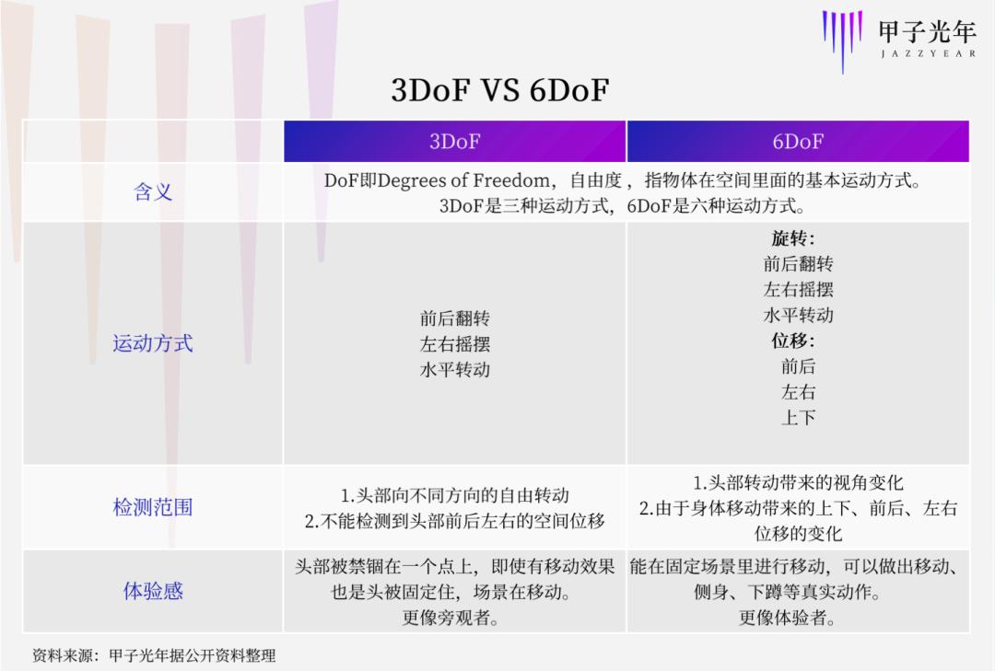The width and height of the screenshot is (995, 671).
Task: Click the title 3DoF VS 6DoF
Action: point(500,90)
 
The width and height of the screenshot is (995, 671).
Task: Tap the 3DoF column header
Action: point(454,141)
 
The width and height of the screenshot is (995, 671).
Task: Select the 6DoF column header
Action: point(798,141)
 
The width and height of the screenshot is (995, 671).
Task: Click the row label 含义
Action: point(153,191)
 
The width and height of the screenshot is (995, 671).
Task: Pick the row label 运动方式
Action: point(153,343)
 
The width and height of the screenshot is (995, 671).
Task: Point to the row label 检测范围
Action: point(153,507)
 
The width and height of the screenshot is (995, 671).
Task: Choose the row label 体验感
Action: point(153,590)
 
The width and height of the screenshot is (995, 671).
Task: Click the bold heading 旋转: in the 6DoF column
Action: point(793,238)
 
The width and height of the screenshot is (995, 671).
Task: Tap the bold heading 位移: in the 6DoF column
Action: point(793,341)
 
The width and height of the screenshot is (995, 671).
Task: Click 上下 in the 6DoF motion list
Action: point(798,417)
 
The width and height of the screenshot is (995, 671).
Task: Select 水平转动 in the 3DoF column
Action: point(455,369)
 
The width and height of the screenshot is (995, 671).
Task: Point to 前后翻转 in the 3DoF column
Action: point(455,318)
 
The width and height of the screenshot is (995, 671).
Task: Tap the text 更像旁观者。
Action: point(450,617)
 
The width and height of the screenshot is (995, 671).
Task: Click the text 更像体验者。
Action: point(787,617)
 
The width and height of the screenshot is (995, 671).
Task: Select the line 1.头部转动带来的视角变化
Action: point(798,482)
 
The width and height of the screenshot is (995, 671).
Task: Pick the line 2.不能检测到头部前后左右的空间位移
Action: point(454,521)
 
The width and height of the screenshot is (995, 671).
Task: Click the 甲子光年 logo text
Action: point(927,30)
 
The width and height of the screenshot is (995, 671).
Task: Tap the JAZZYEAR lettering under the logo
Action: point(928,54)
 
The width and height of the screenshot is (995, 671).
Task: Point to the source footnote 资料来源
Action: point(154,655)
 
